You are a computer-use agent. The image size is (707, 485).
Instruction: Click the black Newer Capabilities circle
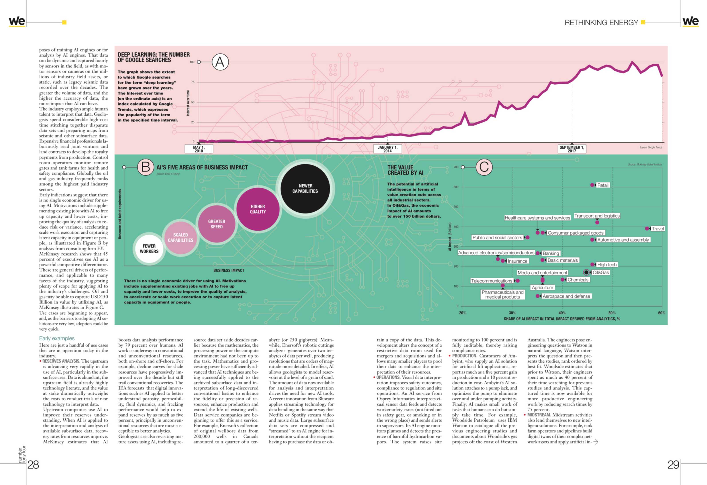(x=305, y=188)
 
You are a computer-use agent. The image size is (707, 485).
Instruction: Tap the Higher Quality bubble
(x=258, y=209)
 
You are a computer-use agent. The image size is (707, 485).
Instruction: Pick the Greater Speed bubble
(x=217, y=224)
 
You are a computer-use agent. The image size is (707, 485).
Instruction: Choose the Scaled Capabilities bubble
(x=180, y=238)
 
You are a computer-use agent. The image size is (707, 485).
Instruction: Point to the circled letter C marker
(x=484, y=167)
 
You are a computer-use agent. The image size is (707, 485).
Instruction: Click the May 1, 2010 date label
(x=199, y=149)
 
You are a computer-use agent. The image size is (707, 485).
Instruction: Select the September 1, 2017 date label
(x=572, y=149)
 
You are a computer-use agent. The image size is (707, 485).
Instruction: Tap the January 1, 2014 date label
(x=387, y=149)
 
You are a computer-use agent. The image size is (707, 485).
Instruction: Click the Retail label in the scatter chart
(x=603, y=185)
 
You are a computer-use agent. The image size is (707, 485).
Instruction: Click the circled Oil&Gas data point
(x=586, y=272)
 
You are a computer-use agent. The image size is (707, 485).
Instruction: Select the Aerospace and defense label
(x=566, y=296)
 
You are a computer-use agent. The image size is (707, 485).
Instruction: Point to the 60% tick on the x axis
(x=661, y=313)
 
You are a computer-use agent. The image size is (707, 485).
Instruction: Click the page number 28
(x=33, y=465)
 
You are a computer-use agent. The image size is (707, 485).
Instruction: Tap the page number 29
(x=673, y=465)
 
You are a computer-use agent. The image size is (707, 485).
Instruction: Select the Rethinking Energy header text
(x=601, y=23)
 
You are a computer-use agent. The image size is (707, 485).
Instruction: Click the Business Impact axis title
(x=229, y=270)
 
